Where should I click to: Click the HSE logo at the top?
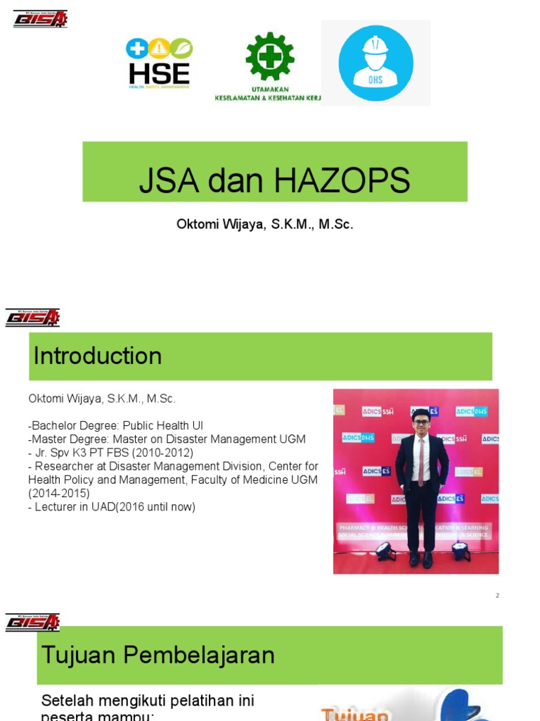pyautogui.click(x=159, y=63)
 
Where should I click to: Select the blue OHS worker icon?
pyautogui.click(x=375, y=63)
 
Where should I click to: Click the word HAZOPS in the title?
pyautogui.click(x=342, y=181)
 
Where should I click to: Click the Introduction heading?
pyautogui.click(x=98, y=356)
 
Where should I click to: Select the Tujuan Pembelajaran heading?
pyautogui.click(x=158, y=656)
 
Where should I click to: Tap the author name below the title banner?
pyautogui.click(x=264, y=225)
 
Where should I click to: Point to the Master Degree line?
pyautogui.click(x=167, y=439)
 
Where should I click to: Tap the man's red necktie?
pyautogui.click(x=421, y=461)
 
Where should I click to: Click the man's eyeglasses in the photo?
pyautogui.click(x=421, y=422)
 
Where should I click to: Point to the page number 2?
pyautogui.click(x=497, y=596)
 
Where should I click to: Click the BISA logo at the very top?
pyautogui.click(x=40, y=18)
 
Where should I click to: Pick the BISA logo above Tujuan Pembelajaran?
pyautogui.click(x=33, y=622)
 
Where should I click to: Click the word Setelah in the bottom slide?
pyautogui.click(x=67, y=701)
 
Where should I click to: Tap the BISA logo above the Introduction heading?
pyautogui.click(x=33, y=318)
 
